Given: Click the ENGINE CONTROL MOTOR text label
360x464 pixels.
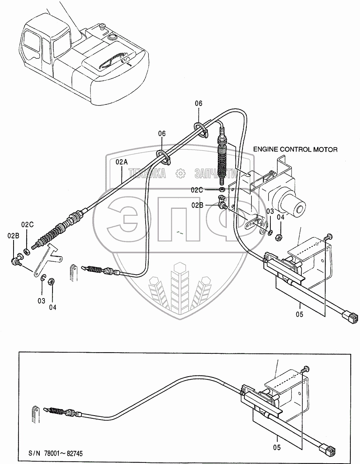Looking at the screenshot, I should click(295, 149).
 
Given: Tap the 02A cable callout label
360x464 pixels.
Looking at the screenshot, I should click(121, 163).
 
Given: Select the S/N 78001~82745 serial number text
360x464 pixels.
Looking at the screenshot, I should click(55, 453).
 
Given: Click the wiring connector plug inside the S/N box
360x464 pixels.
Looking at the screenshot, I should click(329, 450).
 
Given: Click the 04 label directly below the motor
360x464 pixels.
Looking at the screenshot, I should click(280, 217).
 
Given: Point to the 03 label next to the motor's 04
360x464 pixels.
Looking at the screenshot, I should click(270, 211).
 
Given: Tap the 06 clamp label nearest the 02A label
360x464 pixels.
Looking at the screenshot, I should click(161, 133).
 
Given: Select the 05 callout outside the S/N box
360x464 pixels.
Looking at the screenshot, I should click(300, 314).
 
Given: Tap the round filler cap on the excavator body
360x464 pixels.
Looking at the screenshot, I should click(113, 38).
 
